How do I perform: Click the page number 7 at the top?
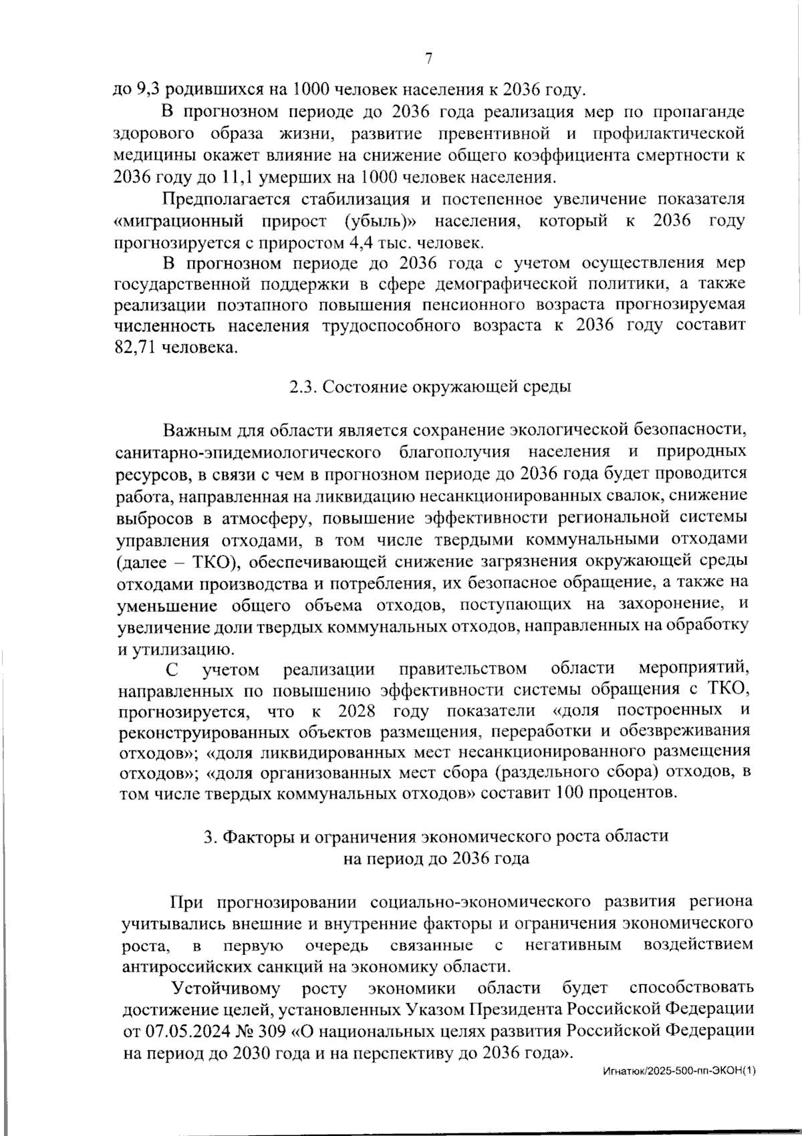[x=428, y=59]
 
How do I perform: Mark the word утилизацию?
[x=177, y=648]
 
